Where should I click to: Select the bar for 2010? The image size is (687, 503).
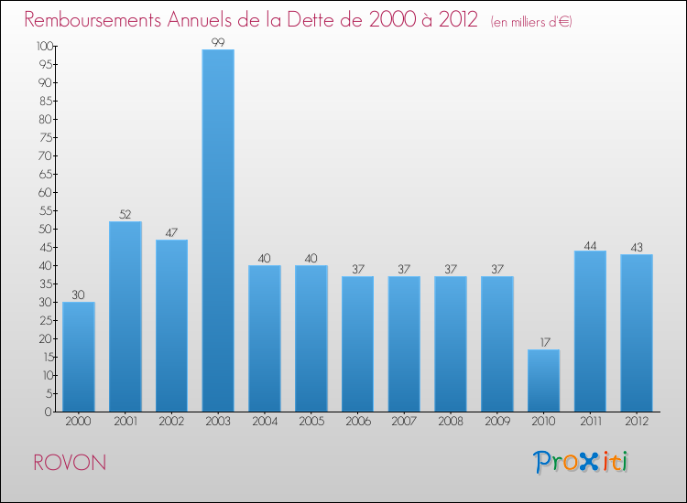543,380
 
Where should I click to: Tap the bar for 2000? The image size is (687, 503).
79,357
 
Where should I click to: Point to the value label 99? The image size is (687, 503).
218,43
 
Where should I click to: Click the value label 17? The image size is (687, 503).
543,343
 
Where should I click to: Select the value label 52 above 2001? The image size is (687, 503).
125,215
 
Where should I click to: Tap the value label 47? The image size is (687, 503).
171,233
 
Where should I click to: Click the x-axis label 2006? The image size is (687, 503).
357,423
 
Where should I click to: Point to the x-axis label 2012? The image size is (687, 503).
637,423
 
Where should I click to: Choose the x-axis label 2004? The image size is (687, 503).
265,423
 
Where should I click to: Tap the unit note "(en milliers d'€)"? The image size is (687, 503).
531,21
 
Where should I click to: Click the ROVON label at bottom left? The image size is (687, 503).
69,462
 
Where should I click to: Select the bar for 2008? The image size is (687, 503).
451,344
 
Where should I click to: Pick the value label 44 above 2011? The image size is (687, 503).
590,244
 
